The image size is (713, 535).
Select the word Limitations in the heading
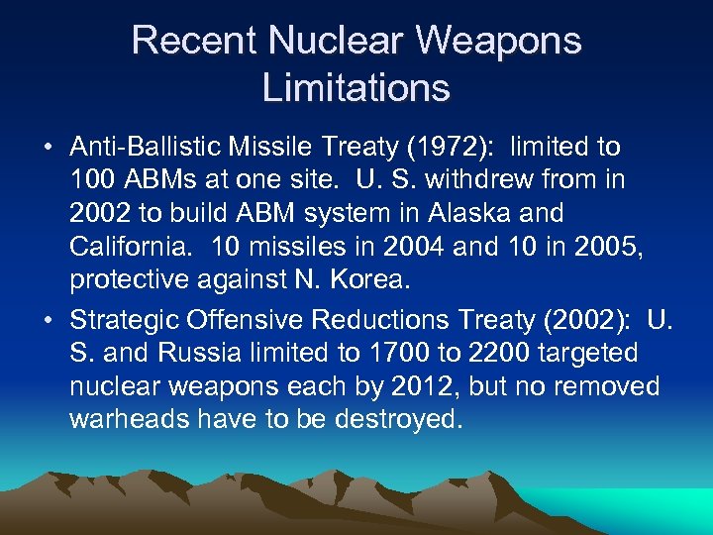click(356, 87)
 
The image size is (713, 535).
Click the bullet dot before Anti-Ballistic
click(48, 149)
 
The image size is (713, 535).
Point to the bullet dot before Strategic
click(48, 321)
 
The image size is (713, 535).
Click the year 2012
click(422, 385)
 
